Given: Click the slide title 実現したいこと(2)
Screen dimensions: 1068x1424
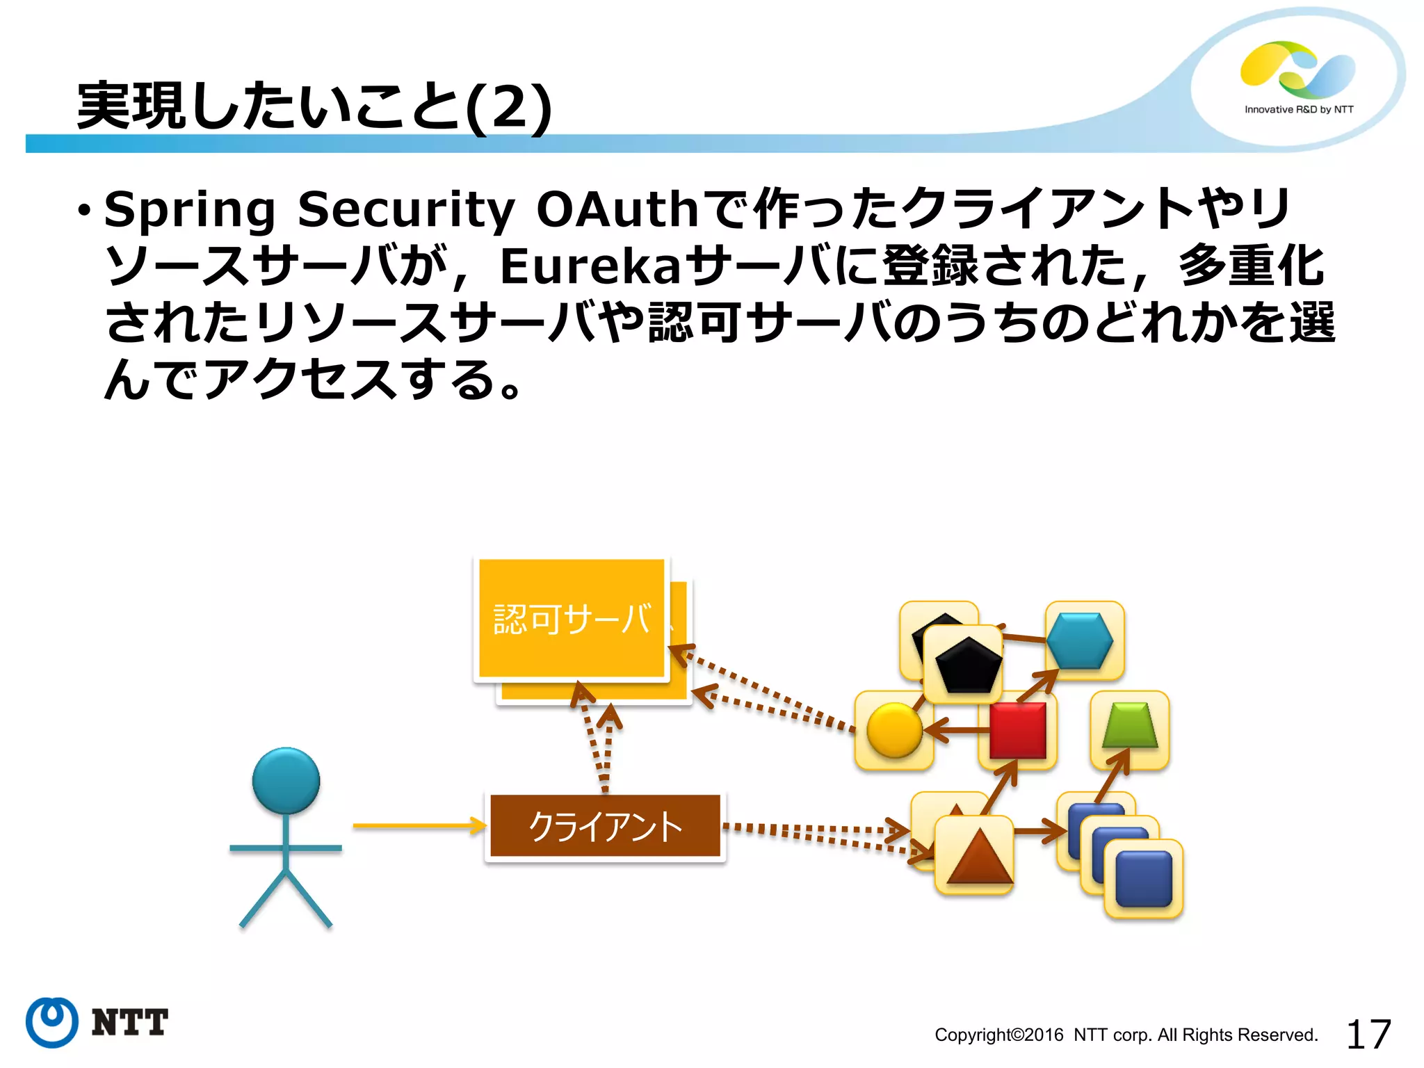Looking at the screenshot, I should pos(314,106).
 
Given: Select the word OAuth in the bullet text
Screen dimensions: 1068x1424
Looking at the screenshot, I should pos(617,209).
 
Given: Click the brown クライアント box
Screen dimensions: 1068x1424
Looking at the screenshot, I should pos(605,826).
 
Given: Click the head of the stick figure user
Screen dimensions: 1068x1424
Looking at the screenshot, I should pos(286,780).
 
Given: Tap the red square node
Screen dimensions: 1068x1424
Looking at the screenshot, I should pos(1017,730).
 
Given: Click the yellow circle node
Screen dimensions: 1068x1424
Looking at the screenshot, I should pos(894,730).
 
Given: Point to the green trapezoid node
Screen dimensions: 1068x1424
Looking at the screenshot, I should pos(1130,726).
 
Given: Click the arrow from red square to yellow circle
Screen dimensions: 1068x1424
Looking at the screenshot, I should pos(956,730).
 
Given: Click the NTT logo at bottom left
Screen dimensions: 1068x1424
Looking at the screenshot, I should pos(97,1022).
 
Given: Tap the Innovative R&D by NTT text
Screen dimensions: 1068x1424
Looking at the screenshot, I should pos(1299,110).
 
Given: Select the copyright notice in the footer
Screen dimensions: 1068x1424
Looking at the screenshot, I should pos(1126,1035).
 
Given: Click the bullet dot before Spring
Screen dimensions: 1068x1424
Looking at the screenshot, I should pos(84,210).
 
